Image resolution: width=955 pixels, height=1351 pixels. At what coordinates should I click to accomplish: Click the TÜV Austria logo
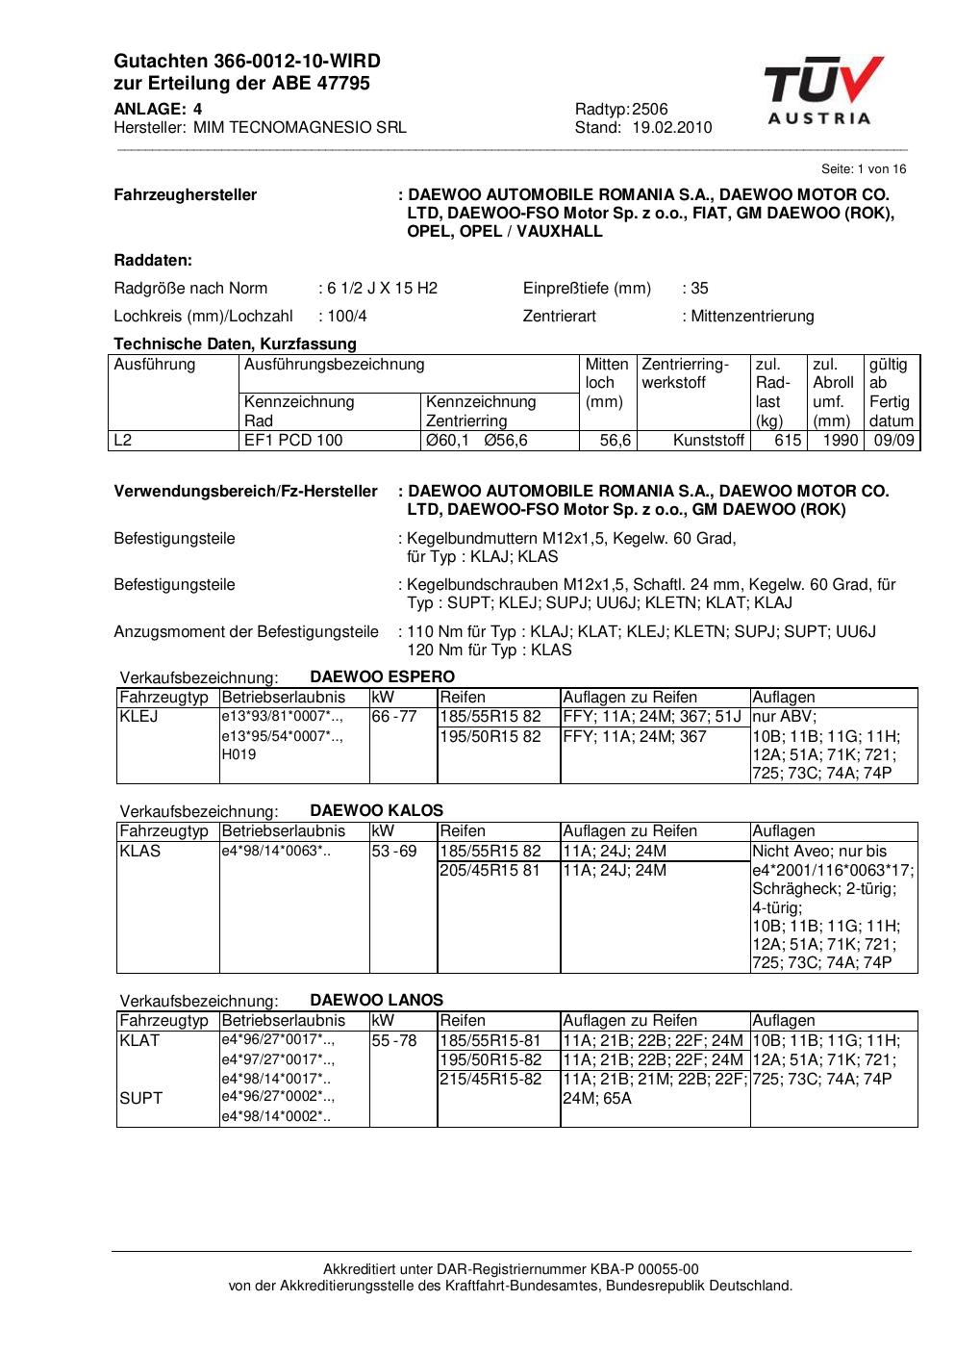click(x=823, y=91)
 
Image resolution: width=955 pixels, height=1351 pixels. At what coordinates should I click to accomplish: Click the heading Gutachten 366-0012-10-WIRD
click(x=247, y=62)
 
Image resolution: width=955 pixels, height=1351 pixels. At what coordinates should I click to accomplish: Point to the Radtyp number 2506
click(x=650, y=110)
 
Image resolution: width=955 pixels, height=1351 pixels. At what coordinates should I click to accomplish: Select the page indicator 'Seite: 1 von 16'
click(x=864, y=169)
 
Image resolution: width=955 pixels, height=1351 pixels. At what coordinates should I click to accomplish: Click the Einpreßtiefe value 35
click(x=699, y=288)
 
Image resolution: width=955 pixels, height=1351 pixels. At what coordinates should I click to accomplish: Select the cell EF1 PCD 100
click(x=293, y=441)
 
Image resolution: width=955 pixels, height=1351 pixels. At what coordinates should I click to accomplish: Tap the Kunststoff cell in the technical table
click(x=709, y=441)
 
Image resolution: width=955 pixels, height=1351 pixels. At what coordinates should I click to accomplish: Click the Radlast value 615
click(x=788, y=441)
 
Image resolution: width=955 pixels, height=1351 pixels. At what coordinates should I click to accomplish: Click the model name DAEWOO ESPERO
click(x=382, y=676)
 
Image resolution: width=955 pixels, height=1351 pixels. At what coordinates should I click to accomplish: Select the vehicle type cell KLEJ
click(x=138, y=717)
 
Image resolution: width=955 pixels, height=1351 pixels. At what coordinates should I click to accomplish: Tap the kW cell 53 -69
click(x=394, y=851)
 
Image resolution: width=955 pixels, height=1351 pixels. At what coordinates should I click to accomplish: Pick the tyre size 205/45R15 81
click(x=490, y=870)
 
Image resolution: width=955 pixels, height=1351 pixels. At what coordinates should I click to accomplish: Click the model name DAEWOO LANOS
click(x=376, y=1000)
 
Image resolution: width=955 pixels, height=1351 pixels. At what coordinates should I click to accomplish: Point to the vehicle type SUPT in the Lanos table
click(x=140, y=1098)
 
